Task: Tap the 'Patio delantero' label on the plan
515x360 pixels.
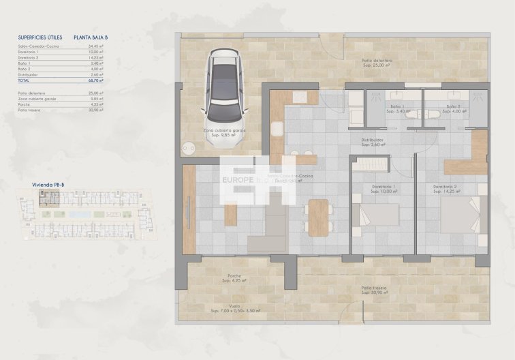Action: pos(377,61)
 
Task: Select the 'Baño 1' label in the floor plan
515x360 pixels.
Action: pos(397,107)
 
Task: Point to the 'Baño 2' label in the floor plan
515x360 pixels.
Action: pos(454,107)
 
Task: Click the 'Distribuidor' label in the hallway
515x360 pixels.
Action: pos(374,140)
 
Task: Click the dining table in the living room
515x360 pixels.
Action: pos(317,217)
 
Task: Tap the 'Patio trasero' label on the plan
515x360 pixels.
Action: pos(375,288)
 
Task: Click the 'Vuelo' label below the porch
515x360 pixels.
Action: pos(234,305)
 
